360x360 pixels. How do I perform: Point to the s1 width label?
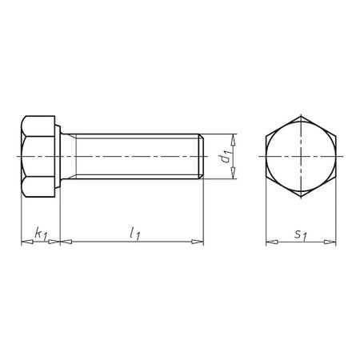click(300, 234)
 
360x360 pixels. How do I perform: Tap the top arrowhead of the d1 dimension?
click(236, 137)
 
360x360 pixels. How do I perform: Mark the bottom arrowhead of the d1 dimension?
click(236, 177)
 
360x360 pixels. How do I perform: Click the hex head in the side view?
click(40, 157)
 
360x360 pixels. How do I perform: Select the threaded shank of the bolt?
click(136, 157)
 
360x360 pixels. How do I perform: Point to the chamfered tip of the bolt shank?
click(201, 157)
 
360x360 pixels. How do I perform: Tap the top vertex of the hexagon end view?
click(301, 117)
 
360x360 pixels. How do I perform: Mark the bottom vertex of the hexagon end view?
click(301, 198)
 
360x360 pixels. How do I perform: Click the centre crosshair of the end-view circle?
click(301, 157)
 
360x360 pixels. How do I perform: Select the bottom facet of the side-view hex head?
click(40, 188)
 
